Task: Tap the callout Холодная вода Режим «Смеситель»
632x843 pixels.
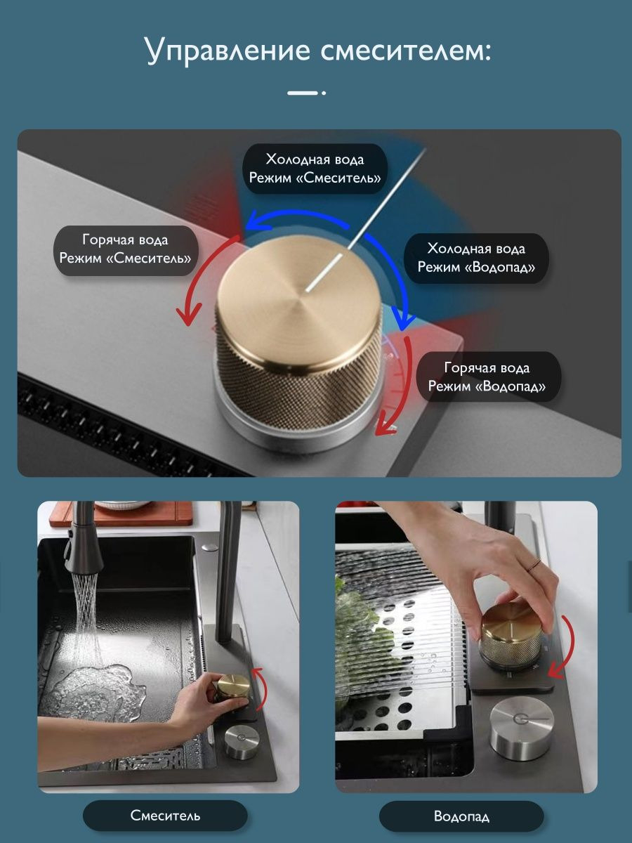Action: [x=315, y=169]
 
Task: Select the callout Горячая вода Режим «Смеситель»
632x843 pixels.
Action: [x=126, y=250]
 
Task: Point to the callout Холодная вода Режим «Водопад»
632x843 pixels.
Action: [x=476, y=258]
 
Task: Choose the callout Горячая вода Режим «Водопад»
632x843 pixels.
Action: [x=487, y=377]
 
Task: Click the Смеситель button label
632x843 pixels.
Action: [x=165, y=815]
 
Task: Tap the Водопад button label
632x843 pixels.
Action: [x=461, y=816]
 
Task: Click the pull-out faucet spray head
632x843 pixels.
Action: [x=84, y=554]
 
